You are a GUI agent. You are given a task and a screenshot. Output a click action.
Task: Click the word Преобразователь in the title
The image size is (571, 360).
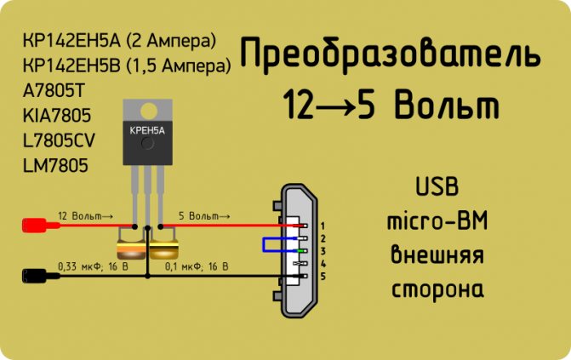[x=390, y=54]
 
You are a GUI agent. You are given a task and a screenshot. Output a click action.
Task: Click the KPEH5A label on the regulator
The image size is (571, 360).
[x=147, y=130]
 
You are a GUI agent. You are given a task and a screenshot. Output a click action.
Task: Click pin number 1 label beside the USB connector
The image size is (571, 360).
[x=323, y=226]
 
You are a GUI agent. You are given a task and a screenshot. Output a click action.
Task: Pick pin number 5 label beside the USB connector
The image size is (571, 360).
[x=323, y=277]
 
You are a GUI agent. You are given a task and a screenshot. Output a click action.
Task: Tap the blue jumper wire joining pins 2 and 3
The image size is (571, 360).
[x=263, y=244]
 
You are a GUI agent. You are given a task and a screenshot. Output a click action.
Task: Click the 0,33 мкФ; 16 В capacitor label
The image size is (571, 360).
[x=94, y=266]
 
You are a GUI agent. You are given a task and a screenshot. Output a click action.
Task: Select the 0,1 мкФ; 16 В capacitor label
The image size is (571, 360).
[x=197, y=266]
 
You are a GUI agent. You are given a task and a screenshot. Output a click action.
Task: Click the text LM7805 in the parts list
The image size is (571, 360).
[x=55, y=165]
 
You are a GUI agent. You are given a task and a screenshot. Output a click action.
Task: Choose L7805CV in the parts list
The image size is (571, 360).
[x=59, y=140]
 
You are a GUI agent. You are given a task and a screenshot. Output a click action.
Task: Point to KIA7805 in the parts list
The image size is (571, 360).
[x=57, y=116]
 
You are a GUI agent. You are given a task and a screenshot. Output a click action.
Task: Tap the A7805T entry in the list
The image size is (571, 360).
[x=54, y=91]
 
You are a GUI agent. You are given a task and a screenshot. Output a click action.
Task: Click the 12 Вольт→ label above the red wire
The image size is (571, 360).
[x=86, y=215]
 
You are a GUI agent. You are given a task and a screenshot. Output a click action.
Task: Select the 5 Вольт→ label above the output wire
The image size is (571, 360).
[x=204, y=215]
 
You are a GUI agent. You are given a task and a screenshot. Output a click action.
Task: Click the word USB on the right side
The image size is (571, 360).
[x=437, y=186]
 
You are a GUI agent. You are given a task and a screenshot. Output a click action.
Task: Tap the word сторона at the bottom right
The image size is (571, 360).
[x=437, y=289]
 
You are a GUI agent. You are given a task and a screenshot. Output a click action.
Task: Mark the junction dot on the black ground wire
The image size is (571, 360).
[x=147, y=277]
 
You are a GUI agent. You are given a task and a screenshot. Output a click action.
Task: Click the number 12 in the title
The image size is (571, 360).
[x=299, y=105]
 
